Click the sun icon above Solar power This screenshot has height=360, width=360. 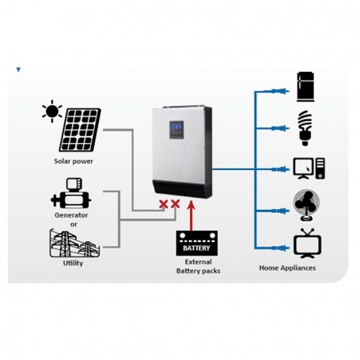click(x=52, y=112)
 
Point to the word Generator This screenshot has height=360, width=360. click(x=70, y=215)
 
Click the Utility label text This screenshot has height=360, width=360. click(x=72, y=263)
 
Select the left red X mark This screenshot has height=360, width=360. click(x=162, y=206)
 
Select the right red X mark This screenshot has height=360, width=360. click(x=176, y=206)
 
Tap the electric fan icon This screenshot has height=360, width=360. click(x=305, y=205)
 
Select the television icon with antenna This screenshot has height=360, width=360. click(x=305, y=244)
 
